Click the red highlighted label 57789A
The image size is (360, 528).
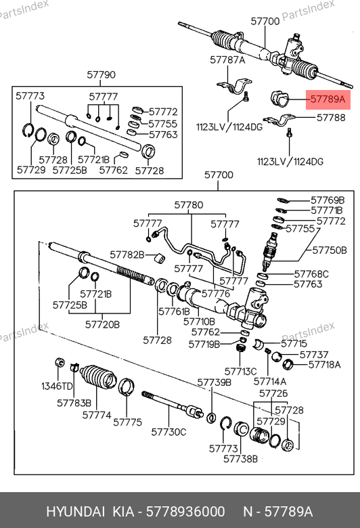tap(328, 100)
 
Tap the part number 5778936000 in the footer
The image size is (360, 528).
tap(185, 512)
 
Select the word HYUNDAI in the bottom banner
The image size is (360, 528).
tap(75, 512)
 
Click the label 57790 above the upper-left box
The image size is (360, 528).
tap(101, 74)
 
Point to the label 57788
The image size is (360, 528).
tap(331, 118)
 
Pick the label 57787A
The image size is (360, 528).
tap(227, 60)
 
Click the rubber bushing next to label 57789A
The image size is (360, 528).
tap(280, 98)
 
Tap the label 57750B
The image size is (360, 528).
tap(330, 250)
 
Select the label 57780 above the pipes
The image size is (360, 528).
tap(189, 205)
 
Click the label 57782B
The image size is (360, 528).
tap(127, 255)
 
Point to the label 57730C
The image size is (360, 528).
tap(168, 432)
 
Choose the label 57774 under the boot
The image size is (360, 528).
tap(97, 415)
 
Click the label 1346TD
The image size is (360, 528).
tap(57, 386)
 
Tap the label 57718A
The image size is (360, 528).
tap(325, 364)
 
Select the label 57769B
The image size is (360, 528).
tap(328, 200)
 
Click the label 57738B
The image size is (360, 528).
tap(240, 459)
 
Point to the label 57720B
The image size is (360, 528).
tap(102, 325)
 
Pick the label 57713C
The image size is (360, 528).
tap(240, 372)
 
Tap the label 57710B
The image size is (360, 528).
tap(199, 322)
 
